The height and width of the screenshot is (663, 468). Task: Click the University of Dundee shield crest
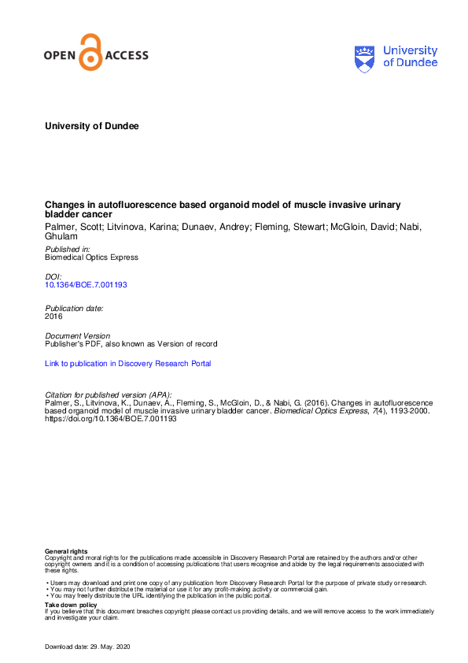click(x=366, y=58)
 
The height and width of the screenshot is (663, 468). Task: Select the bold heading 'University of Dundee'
click(x=92, y=125)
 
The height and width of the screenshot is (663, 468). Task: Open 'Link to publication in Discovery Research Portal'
click(x=128, y=364)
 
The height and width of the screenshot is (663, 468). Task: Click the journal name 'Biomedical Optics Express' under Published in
click(x=92, y=257)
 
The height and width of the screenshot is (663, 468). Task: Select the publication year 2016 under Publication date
click(x=54, y=316)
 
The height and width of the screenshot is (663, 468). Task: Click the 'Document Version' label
click(x=77, y=336)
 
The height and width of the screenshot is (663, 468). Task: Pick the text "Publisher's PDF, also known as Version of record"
click(x=131, y=344)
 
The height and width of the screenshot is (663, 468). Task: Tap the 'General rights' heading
click(x=67, y=551)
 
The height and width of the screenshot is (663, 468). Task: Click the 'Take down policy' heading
click(x=71, y=605)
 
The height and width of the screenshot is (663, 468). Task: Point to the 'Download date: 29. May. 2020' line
click(x=97, y=646)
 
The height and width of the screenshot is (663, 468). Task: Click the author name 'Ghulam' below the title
click(x=61, y=236)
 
